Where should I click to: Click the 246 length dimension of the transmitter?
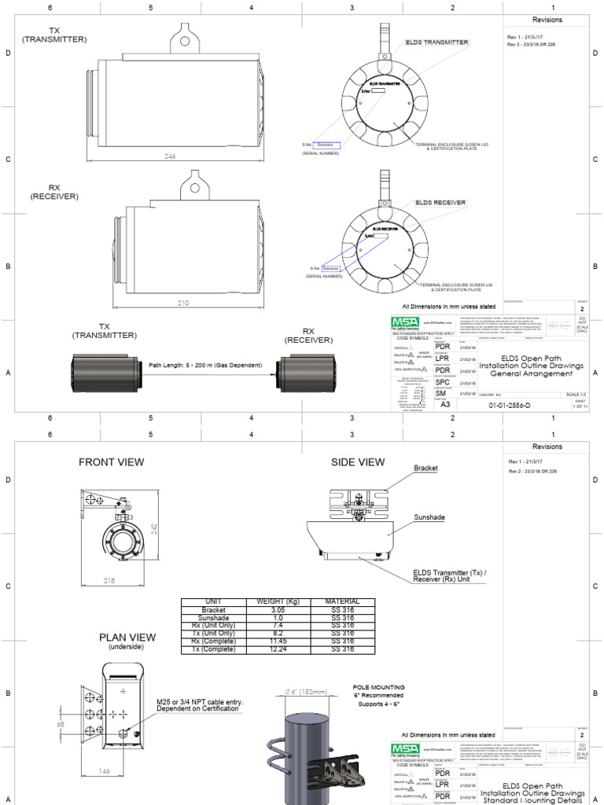click(x=169, y=157)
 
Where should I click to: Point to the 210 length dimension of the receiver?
click(x=183, y=302)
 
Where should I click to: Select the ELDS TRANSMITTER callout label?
click(x=437, y=42)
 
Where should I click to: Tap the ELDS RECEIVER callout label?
click(x=441, y=203)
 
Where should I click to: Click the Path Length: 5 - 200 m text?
click(x=206, y=366)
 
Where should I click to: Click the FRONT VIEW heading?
click(x=111, y=462)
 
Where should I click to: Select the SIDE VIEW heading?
click(x=359, y=462)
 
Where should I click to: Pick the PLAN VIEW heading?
click(x=127, y=638)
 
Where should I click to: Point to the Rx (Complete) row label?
click(x=213, y=641)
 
